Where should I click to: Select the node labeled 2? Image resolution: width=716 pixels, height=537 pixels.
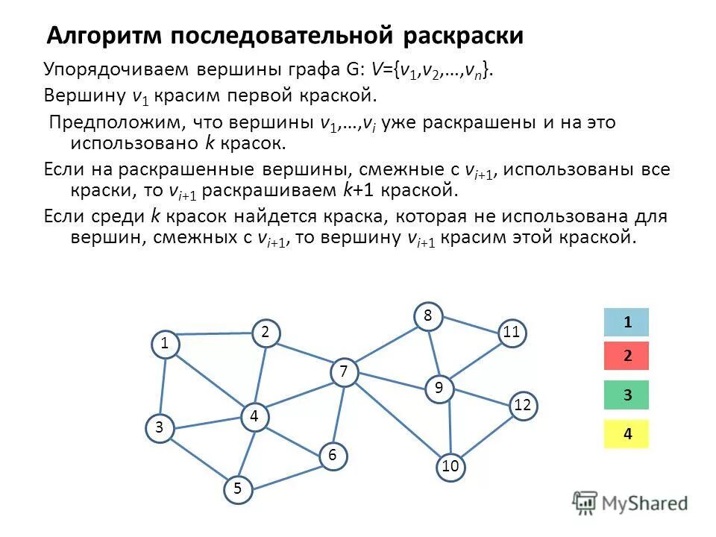click(265, 333)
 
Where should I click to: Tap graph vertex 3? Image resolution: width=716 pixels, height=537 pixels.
click(159, 427)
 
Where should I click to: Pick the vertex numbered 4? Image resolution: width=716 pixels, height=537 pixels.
click(254, 417)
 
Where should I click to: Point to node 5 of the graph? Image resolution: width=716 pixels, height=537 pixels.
click(237, 489)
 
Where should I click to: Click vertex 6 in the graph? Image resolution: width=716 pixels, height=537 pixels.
click(333, 455)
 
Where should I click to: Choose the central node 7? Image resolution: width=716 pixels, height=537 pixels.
click(344, 371)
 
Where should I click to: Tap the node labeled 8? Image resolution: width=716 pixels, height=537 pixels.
click(428, 315)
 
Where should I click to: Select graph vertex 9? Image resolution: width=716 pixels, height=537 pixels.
click(439, 388)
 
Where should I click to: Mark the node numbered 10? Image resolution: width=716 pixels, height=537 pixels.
click(450, 467)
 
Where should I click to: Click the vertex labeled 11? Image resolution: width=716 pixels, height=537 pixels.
click(511, 333)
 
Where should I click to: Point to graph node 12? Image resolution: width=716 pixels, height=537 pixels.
click(522, 405)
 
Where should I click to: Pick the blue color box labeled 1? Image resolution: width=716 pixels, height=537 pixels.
click(626, 322)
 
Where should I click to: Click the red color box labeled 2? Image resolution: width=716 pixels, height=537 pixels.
click(626, 356)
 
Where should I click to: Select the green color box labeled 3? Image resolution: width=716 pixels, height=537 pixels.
click(626, 395)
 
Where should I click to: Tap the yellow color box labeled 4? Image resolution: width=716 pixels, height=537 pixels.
click(626, 433)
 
